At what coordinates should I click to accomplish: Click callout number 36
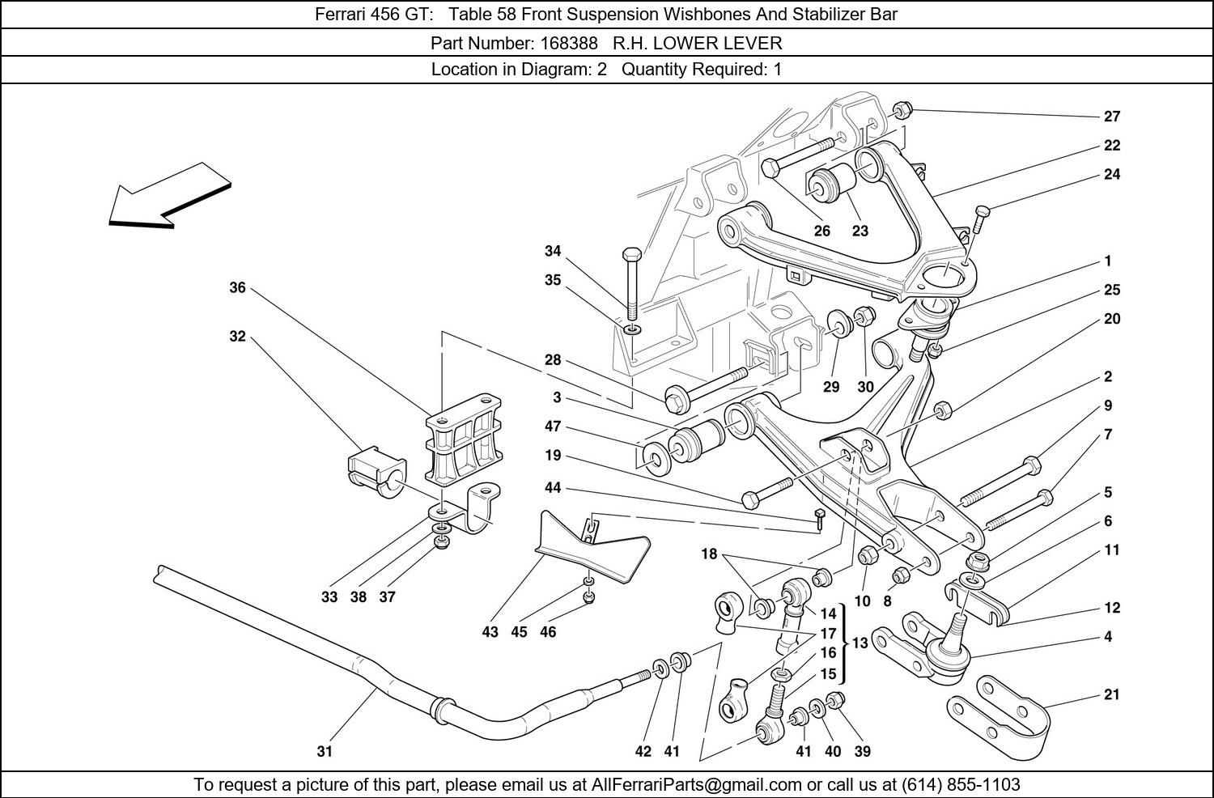coord(237,287)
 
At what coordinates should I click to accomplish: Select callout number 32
coord(237,336)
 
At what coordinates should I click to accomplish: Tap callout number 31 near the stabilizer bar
coord(325,751)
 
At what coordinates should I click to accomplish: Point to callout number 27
coord(1112,116)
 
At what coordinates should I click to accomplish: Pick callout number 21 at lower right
coord(1112,694)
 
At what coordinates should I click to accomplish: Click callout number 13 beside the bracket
coord(860,643)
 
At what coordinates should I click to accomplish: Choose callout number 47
coord(553,427)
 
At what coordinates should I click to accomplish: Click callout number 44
coord(553,488)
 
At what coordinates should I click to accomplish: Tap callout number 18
coord(709,554)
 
